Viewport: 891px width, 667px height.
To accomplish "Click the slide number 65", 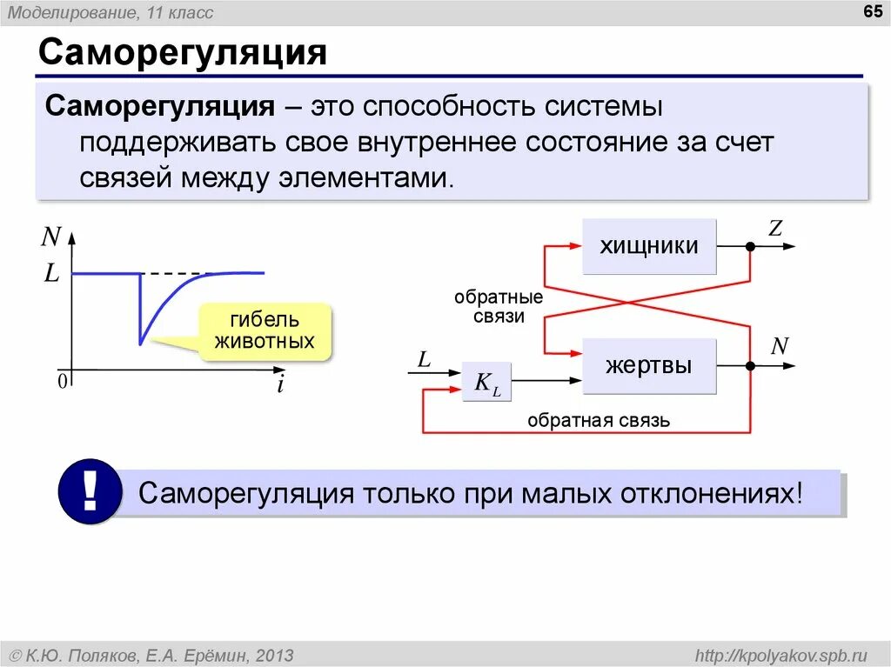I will click(870, 11).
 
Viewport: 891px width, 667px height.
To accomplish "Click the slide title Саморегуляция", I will click(182, 53).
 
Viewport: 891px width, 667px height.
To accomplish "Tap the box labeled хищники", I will click(649, 246).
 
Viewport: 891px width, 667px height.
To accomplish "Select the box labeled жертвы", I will click(649, 365).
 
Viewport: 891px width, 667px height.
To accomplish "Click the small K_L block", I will click(486, 382).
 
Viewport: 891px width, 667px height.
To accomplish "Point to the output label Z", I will click(775, 229).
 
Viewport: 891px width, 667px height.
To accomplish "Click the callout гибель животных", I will click(264, 330).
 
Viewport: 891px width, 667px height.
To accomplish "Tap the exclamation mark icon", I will click(90, 492).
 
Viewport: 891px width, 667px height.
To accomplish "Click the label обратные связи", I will click(499, 307).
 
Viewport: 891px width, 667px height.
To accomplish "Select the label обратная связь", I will click(598, 421).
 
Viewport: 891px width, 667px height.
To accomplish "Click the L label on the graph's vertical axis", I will click(52, 274).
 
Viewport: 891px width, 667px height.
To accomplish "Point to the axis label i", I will click(280, 385).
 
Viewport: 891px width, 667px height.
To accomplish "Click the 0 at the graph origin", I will click(63, 382).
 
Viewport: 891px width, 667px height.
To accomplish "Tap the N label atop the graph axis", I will click(51, 236).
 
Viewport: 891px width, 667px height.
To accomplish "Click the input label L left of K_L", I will click(424, 358).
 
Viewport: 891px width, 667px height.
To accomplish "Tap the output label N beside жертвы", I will click(779, 346).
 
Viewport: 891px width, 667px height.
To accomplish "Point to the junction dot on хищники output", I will click(749, 247).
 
